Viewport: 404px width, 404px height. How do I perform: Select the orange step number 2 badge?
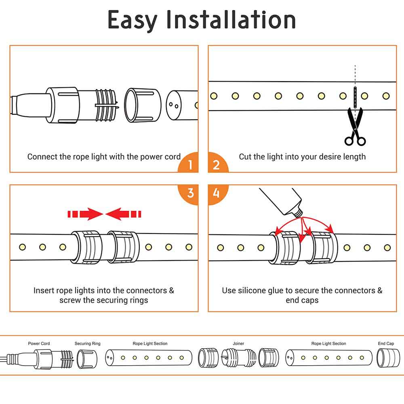click(216, 165)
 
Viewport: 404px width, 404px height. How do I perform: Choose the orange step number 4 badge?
click(216, 193)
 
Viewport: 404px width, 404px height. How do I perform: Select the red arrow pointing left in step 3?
click(123, 214)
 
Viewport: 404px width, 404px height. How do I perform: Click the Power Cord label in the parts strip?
click(39, 344)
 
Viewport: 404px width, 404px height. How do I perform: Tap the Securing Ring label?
click(88, 344)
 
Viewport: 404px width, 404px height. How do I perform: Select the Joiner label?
click(238, 344)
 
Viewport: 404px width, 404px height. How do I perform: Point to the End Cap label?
click(386, 344)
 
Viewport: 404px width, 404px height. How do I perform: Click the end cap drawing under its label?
click(385, 358)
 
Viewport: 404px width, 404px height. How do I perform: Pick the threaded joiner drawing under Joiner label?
click(238, 358)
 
